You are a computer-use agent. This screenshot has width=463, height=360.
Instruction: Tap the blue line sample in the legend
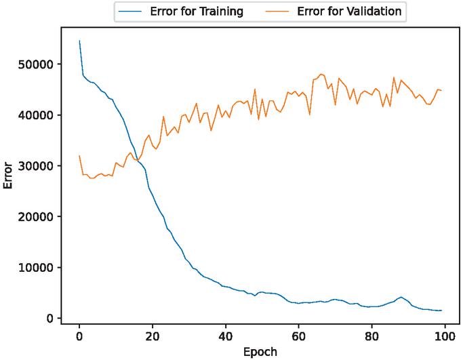click(129, 11)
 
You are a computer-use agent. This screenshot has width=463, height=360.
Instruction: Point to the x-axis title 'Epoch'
click(260, 352)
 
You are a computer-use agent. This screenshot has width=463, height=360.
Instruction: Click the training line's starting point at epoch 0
click(79, 41)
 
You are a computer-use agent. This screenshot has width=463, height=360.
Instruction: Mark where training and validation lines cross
click(138, 160)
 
